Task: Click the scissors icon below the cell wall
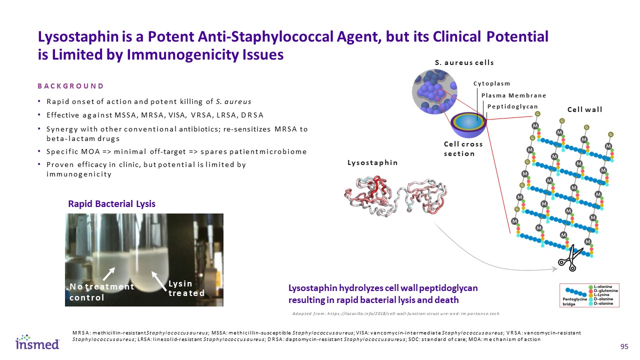(x=569, y=259)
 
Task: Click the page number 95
(x=624, y=347)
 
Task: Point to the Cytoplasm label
(x=491, y=84)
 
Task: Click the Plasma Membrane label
(x=513, y=95)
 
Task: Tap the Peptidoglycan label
(x=512, y=106)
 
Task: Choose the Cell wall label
(x=584, y=109)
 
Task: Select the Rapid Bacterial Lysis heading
(x=111, y=204)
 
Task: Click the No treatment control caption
(x=101, y=292)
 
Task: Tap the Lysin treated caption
(x=186, y=288)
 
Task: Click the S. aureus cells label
(x=464, y=62)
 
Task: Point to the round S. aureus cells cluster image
(x=433, y=90)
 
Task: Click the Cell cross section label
(x=463, y=148)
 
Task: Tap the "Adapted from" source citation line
(x=395, y=313)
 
